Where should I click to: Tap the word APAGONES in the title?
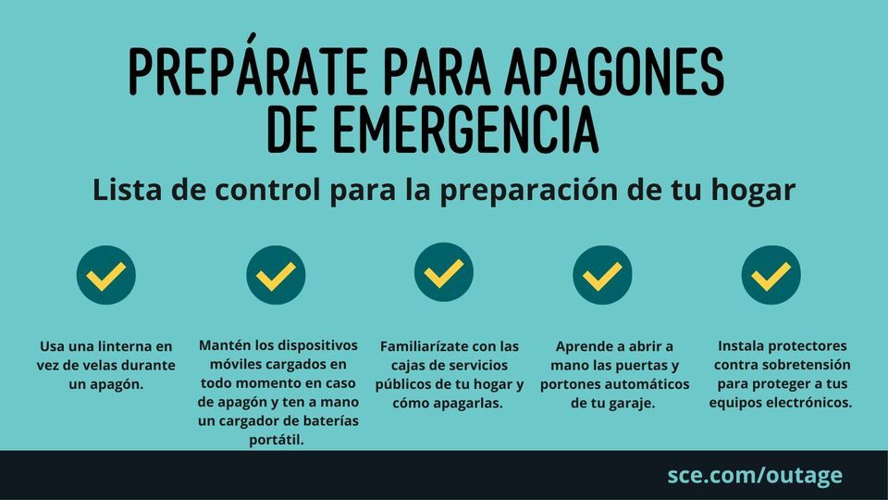pos(614,71)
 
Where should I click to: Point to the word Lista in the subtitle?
pos(128,189)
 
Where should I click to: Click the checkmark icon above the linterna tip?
pos(105,275)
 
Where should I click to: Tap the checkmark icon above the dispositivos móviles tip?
pos(276,275)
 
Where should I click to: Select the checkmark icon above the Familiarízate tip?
pos(443,272)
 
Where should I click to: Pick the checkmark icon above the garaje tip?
pos(602,275)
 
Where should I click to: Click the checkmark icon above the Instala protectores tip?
pos(771,275)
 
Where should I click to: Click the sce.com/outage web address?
pos(755,475)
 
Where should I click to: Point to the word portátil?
pos(277,440)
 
